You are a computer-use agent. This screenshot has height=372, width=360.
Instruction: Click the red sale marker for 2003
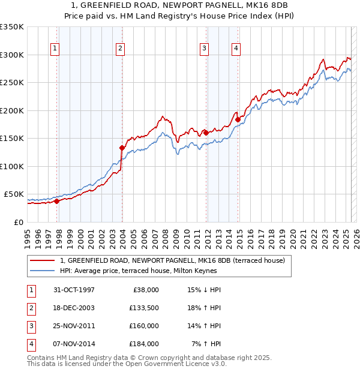point(122,148)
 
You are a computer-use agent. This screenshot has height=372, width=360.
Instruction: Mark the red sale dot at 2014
point(238,119)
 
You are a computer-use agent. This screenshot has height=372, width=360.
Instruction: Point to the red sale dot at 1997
point(57,201)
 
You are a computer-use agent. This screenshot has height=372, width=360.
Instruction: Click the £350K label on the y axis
point(12,27)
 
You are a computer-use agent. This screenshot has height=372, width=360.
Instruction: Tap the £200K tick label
point(12,110)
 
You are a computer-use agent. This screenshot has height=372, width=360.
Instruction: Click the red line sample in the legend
point(41,260)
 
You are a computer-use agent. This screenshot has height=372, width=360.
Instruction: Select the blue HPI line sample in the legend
point(41,271)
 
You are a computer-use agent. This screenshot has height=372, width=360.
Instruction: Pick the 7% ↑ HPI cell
point(206,344)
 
